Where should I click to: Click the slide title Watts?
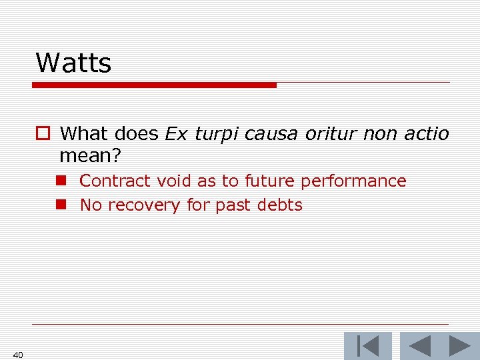[x=73, y=63]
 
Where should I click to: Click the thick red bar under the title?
[x=154, y=85]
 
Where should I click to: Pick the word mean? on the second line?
[x=90, y=157]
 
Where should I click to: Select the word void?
[x=173, y=181]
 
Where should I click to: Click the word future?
[x=270, y=181]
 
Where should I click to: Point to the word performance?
[x=353, y=181]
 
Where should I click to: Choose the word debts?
[x=279, y=205]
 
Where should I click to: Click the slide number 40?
[x=18, y=355]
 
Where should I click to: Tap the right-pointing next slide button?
[x=459, y=346]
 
